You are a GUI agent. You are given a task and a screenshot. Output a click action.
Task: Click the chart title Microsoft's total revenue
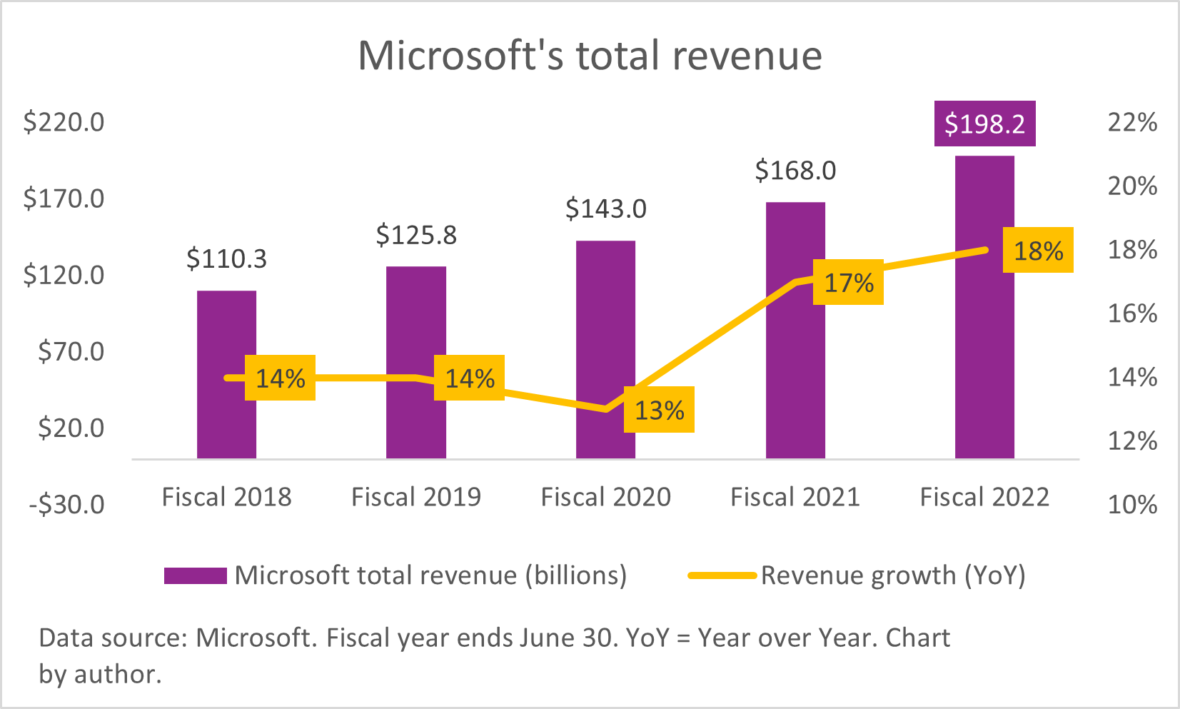(x=590, y=56)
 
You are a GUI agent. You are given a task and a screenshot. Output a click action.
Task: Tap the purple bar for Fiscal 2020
(x=605, y=321)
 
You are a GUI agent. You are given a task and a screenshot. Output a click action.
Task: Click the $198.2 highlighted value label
(x=984, y=124)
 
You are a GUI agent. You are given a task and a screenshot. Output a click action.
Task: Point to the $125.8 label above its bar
(x=416, y=235)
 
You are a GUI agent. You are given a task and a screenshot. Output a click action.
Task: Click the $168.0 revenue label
(x=795, y=171)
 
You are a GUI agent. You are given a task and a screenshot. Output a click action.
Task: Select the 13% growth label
(x=659, y=411)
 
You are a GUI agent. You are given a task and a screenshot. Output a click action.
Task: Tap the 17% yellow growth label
(x=848, y=283)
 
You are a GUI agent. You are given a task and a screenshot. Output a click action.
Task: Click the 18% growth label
(x=1038, y=251)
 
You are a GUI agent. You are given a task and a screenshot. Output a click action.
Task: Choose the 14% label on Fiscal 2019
(x=469, y=378)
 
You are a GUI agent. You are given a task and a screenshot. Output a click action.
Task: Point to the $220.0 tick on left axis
(x=64, y=122)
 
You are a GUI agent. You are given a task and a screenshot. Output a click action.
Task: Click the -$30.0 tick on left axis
(x=66, y=505)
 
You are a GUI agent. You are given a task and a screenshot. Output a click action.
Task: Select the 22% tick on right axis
(x=1131, y=122)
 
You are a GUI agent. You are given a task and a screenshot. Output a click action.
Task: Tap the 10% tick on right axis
(x=1131, y=505)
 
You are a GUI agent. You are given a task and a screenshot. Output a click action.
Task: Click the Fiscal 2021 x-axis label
(x=795, y=497)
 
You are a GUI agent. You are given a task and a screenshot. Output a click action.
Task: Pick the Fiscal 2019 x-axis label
(x=416, y=497)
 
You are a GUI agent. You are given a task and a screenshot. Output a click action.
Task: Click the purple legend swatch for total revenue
(x=195, y=575)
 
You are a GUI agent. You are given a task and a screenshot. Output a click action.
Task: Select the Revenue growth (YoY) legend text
(x=893, y=575)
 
